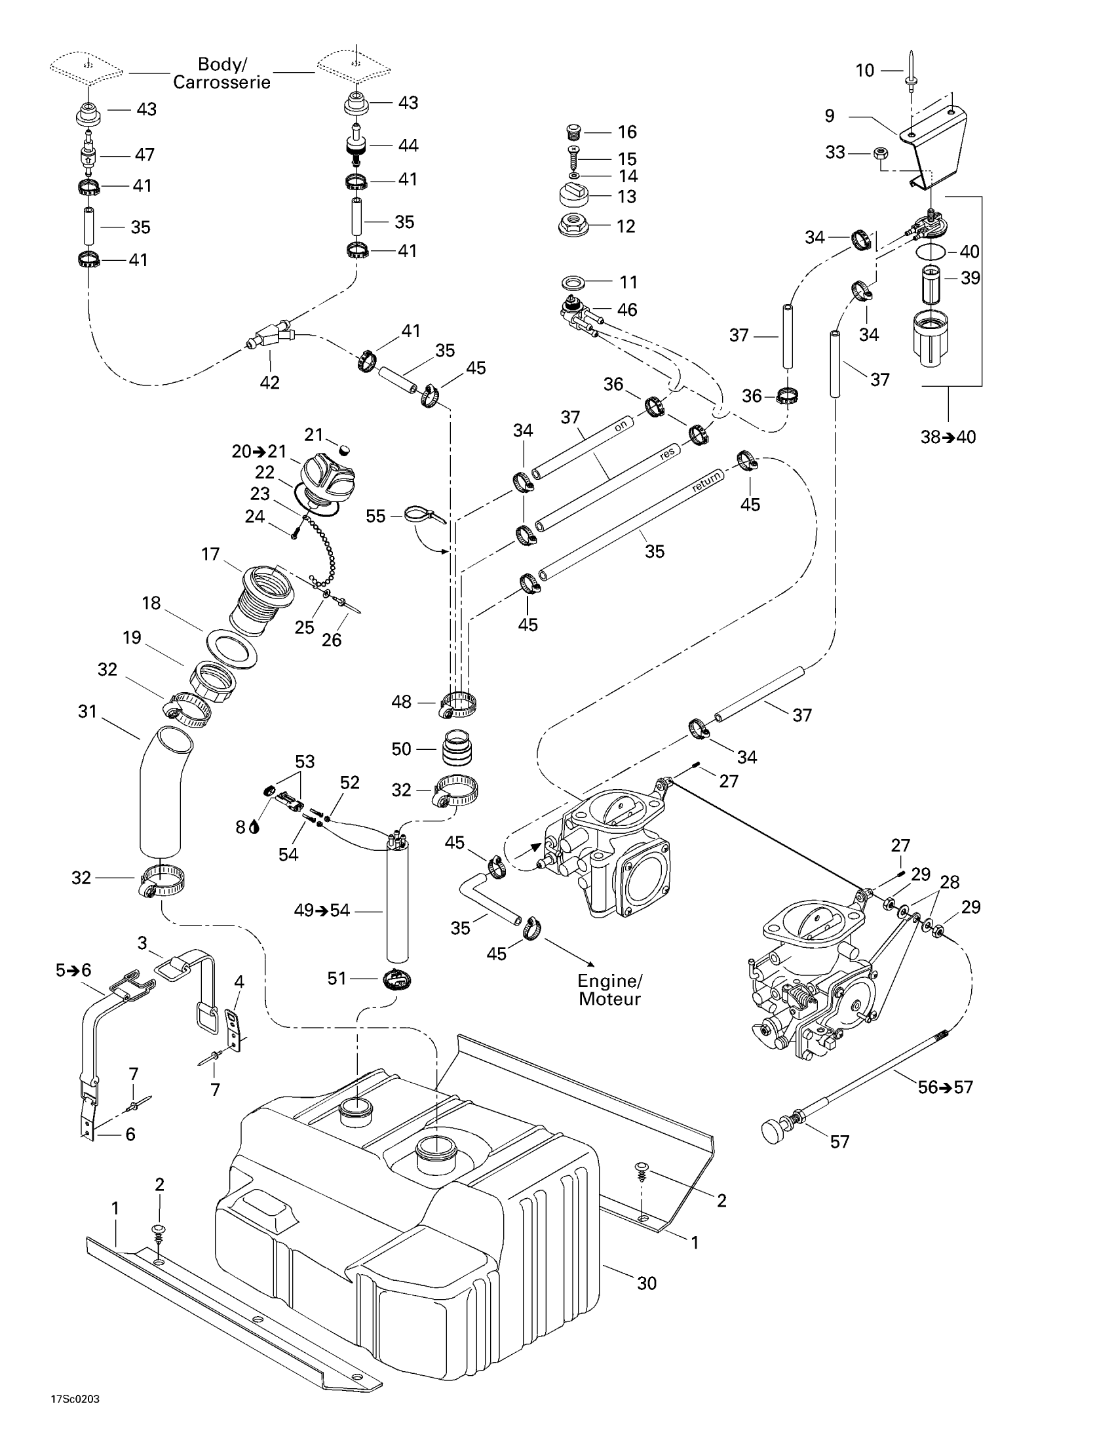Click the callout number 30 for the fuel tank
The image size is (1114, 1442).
[647, 1283]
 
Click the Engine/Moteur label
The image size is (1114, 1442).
[609, 990]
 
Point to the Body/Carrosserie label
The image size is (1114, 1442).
[221, 73]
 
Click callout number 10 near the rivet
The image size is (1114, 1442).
[864, 70]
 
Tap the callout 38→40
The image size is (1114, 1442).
[948, 437]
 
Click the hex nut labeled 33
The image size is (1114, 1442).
[879, 153]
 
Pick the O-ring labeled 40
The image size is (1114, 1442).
[931, 251]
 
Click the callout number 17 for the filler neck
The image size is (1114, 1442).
[210, 554]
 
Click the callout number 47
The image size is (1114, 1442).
[145, 155]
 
